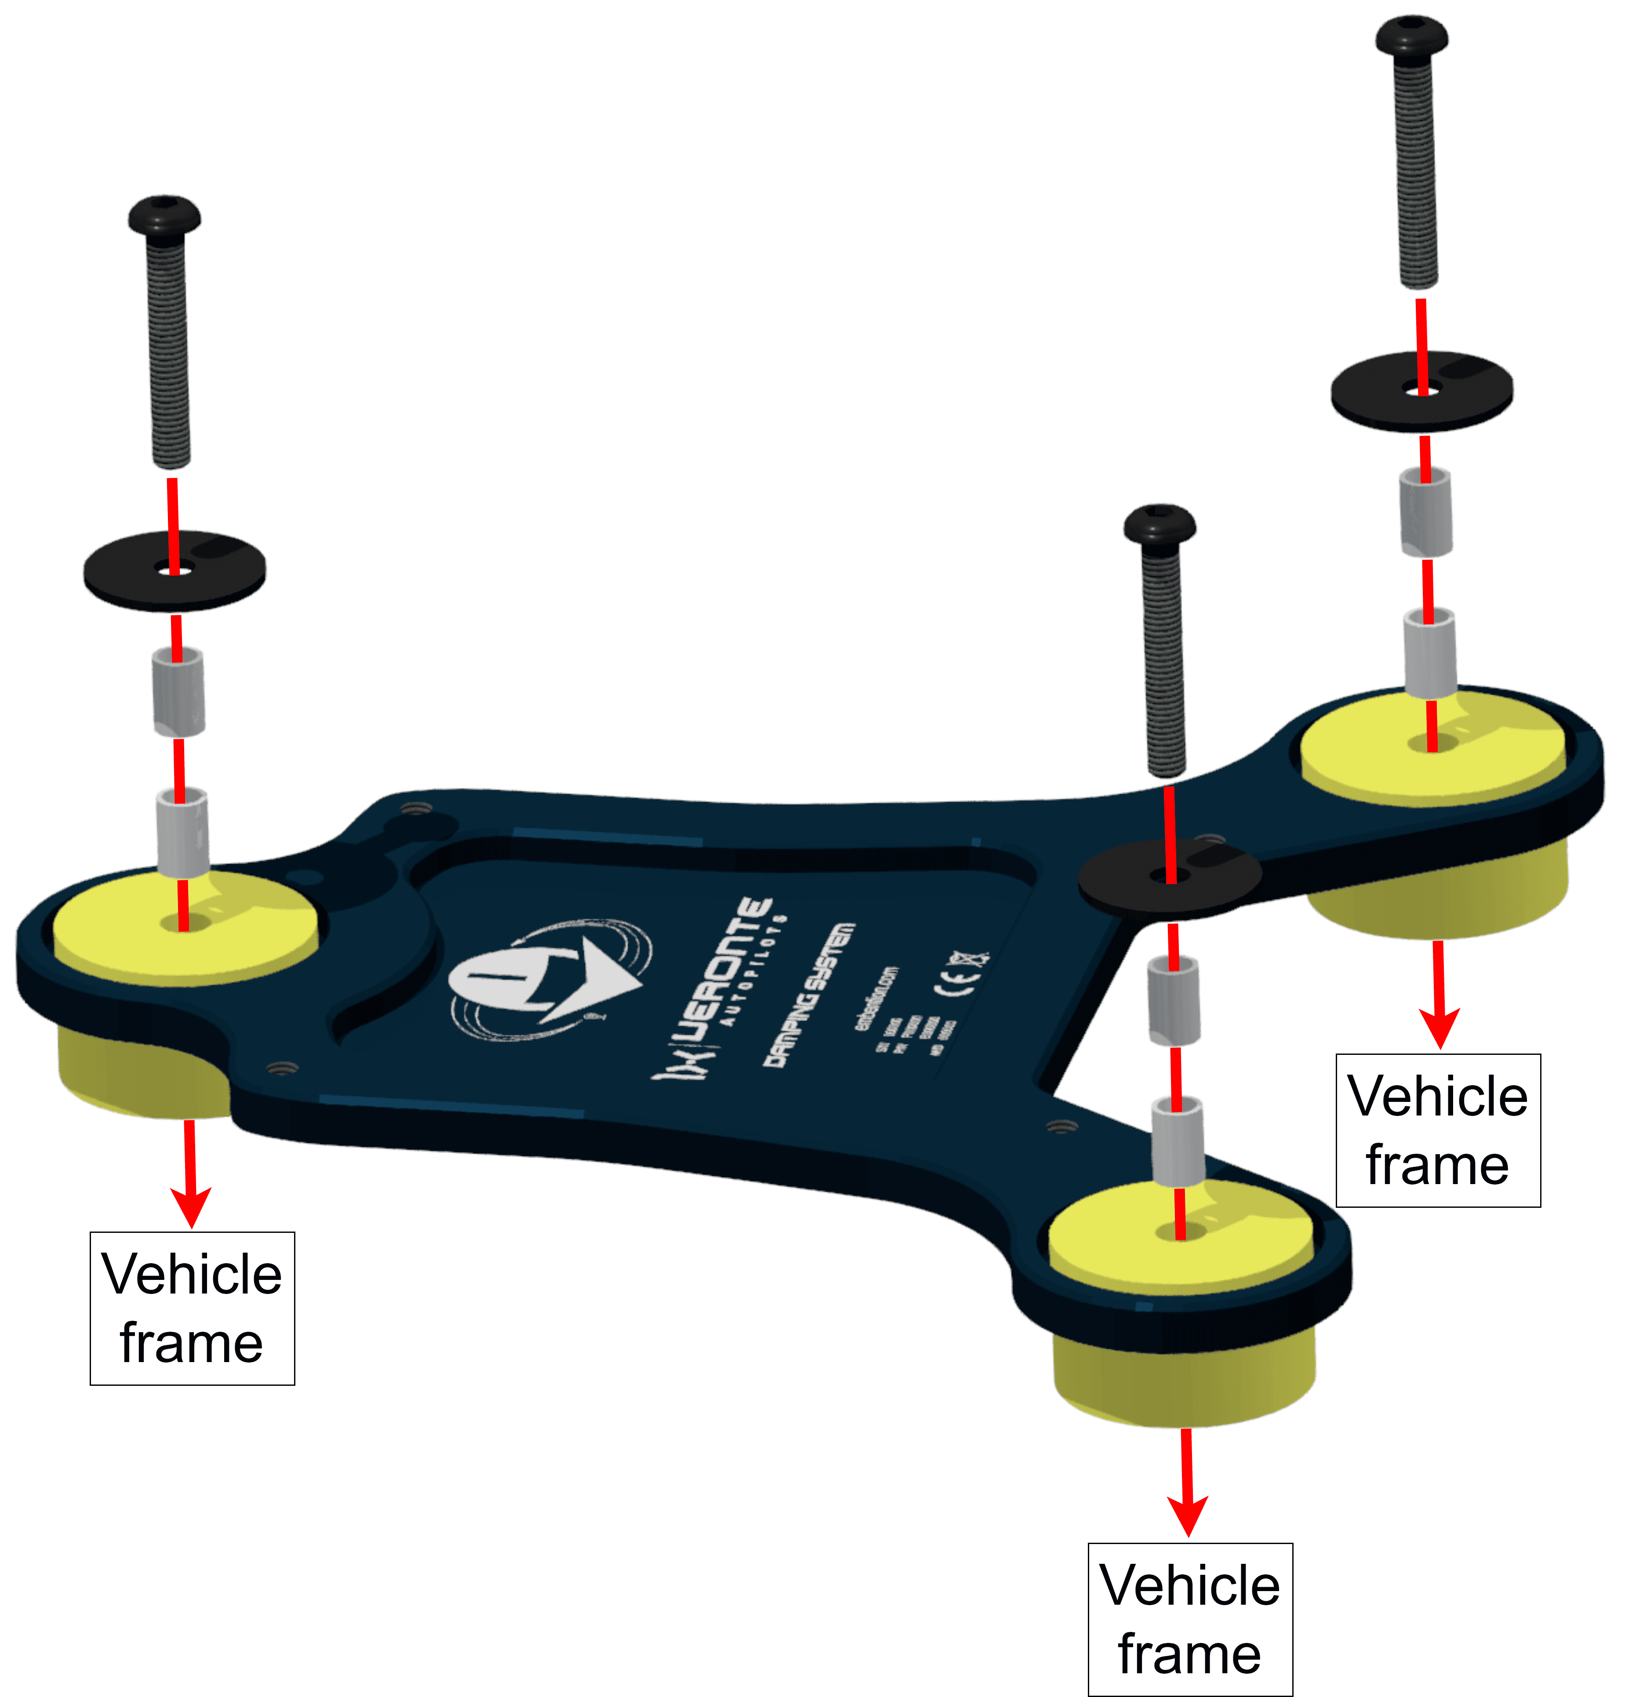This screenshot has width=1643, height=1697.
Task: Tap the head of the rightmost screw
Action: (1412, 36)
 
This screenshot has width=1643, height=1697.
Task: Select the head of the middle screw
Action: (1160, 524)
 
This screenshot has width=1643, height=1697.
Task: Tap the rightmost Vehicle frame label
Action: (1438, 1130)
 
